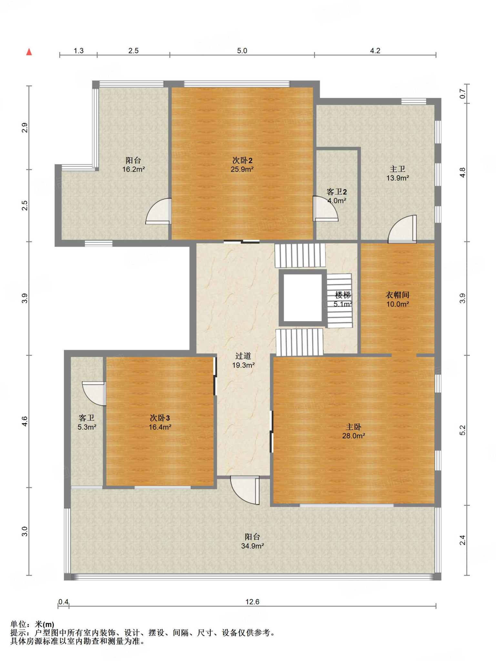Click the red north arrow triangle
point(29,52)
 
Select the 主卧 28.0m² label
point(354,431)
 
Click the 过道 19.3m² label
point(243,361)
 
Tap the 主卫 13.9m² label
point(398,173)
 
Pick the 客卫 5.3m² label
point(87,422)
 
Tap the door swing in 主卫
point(402,229)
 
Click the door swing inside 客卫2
point(325,208)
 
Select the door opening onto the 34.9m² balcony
point(245,490)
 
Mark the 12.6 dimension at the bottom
point(252,602)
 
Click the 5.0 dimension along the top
point(242,51)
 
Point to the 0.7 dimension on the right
point(462,94)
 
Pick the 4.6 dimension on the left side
point(25,421)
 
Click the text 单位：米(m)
point(32,625)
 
